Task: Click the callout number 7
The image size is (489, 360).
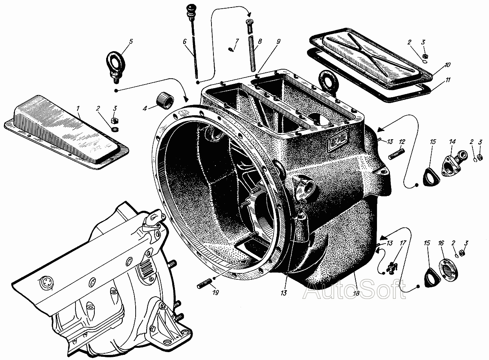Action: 237,41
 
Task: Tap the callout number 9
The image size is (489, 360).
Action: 278,41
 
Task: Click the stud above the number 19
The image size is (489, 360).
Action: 204,284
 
